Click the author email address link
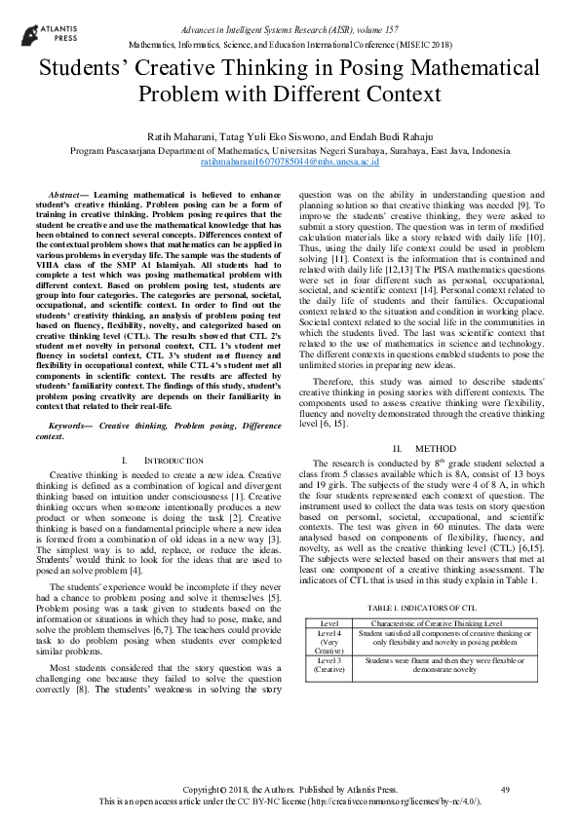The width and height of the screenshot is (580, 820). point(290,163)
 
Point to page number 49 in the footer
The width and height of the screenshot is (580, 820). point(504,788)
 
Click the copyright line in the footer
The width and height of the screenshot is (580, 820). point(290,788)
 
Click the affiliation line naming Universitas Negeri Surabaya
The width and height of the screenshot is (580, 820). point(290,152)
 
